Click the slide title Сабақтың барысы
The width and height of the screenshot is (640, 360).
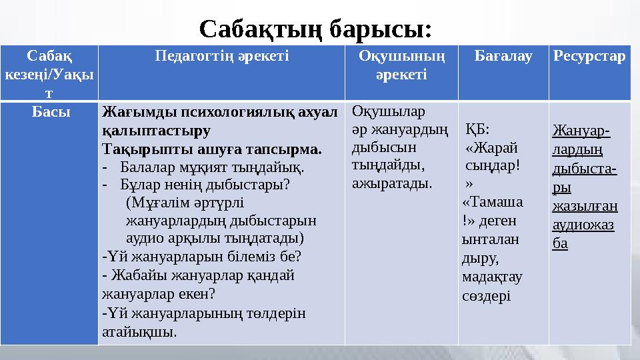coord(316,29)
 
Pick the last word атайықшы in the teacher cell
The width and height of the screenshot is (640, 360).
coord(140,330)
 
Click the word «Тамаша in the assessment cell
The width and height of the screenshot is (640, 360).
coord(492,202)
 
